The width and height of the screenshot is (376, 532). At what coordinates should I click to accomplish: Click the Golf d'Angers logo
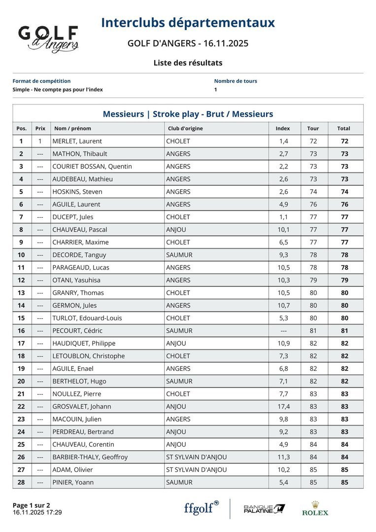click(48, 39)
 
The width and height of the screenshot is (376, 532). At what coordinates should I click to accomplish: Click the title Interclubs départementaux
click(188, 23)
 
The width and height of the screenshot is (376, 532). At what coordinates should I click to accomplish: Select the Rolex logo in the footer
click(315, 508)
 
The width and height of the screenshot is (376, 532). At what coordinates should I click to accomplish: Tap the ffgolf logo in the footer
click(201, 508)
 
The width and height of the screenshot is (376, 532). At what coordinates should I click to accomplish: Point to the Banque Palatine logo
click(264, 509)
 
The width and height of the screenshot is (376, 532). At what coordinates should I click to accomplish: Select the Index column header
click(283, 129)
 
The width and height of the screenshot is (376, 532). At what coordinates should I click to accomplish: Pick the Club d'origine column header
click(184, 129)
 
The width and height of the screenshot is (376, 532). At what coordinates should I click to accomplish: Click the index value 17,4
click(284, 406)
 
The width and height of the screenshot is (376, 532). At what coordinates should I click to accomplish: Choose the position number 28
click(21, 482)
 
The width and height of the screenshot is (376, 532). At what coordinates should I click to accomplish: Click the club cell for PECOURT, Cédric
click(179, 331)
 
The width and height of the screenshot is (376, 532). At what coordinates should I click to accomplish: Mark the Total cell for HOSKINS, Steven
click(344, 192)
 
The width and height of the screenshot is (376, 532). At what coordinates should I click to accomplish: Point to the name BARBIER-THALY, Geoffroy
click(90, 457)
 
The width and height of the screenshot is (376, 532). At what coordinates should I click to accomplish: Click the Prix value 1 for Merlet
click(40, 141)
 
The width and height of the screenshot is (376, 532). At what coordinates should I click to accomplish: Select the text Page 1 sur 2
click(31, 505)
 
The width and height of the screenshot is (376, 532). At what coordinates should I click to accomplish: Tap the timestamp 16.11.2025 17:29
click(37, 512)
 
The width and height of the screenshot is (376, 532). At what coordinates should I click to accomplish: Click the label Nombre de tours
click(236, 81)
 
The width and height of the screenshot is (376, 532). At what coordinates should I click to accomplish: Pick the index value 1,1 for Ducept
click(283, 217)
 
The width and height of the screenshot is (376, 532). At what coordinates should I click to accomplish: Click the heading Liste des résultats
click(188, 63)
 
